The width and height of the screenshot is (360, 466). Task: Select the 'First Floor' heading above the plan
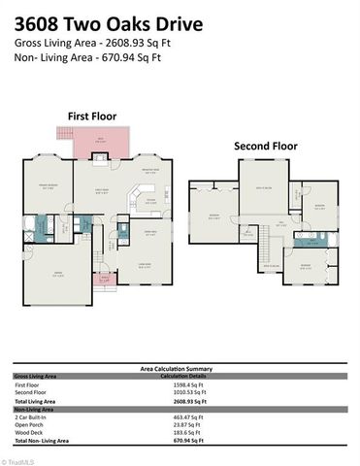(91, 116)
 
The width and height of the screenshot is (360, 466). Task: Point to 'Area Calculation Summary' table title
(180, 369)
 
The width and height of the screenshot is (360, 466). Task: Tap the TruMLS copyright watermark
(19, 461)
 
